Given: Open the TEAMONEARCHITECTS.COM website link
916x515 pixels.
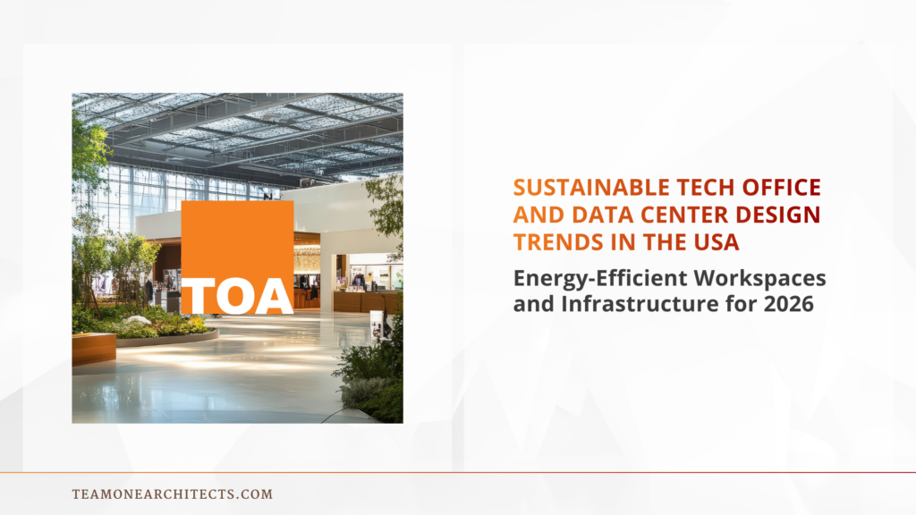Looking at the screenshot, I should tap(172, 494).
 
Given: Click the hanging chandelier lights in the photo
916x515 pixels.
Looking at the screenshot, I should tap(307, 258).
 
